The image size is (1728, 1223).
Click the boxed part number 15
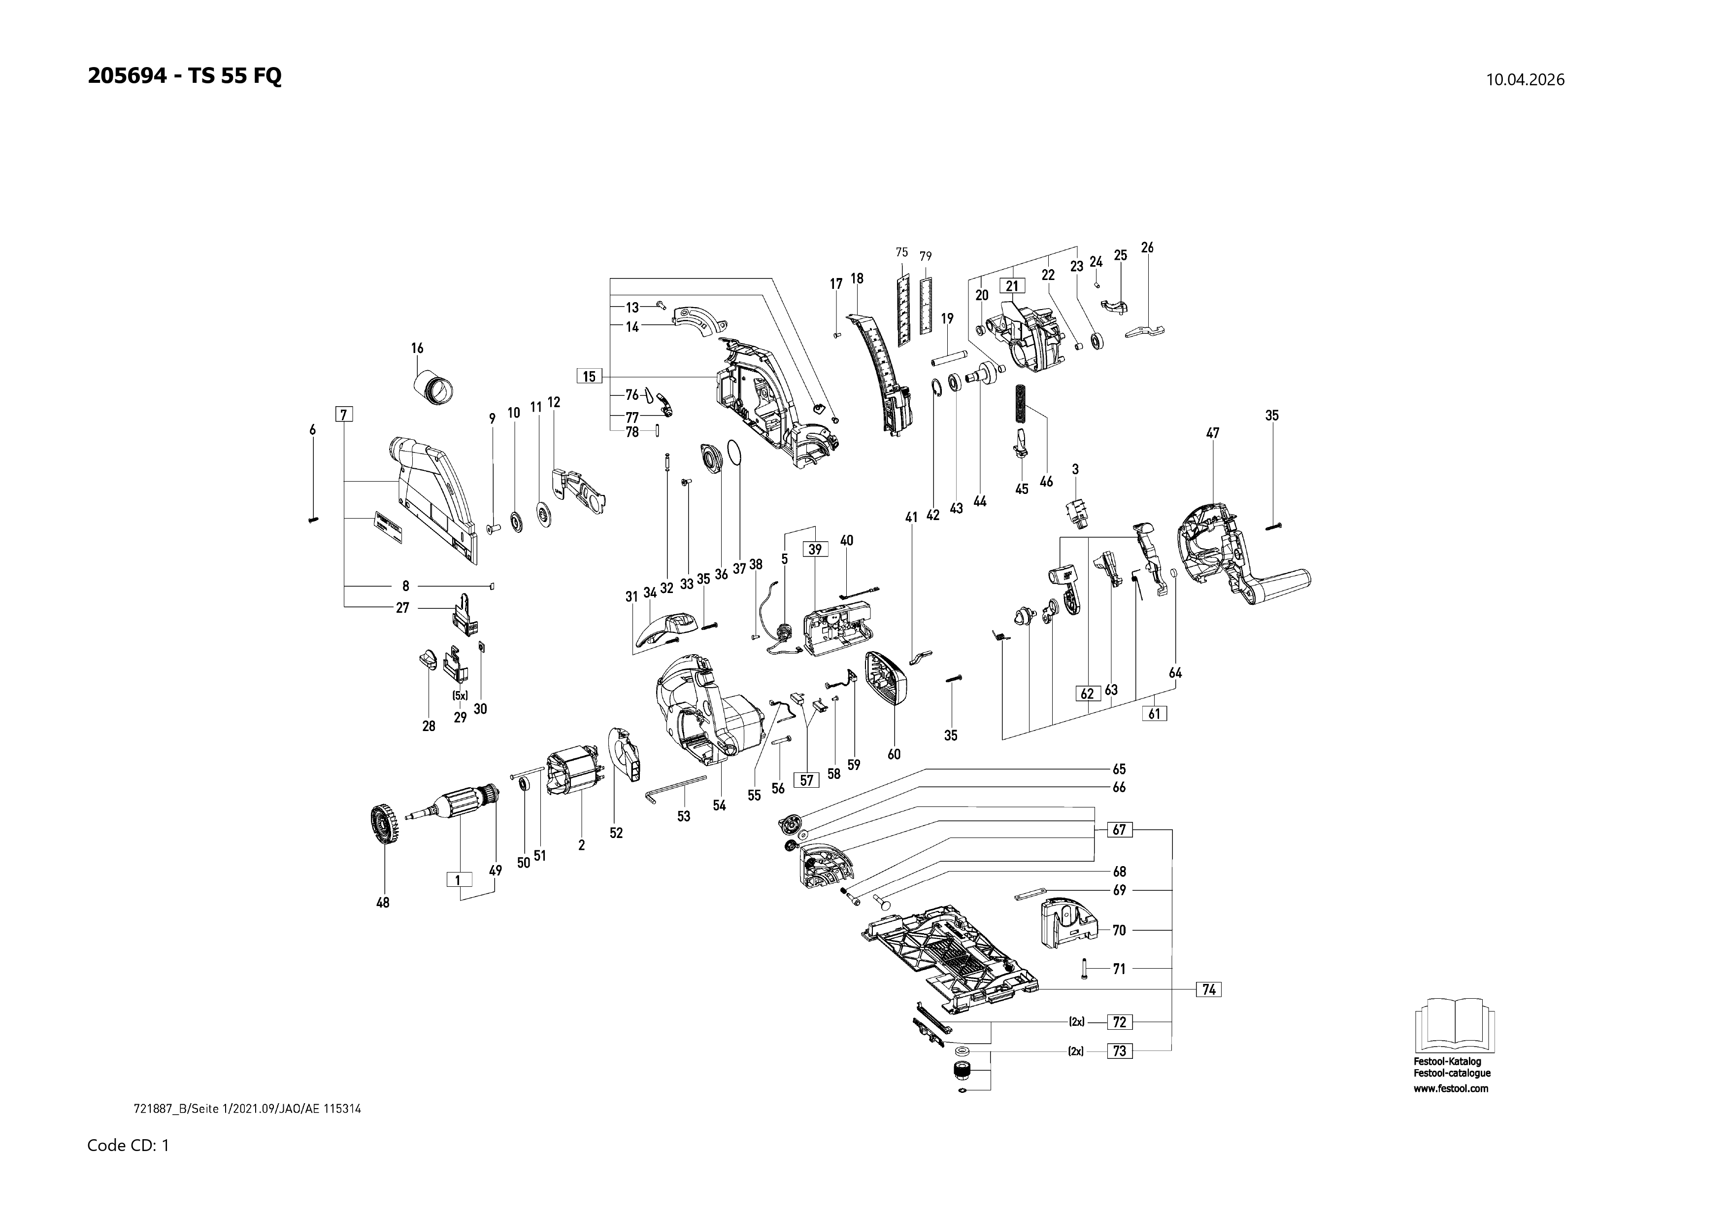[x=589, y=377]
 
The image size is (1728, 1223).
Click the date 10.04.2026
[x=1525, y=80]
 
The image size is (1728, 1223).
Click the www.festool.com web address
[x=1450, y=1088]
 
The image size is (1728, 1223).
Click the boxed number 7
[x=344, y=414]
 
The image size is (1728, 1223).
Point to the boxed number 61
[x=1155, y=713]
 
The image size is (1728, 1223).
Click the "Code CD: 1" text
[x=128, y=1146]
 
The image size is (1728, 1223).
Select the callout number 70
[x=1119, y=931]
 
